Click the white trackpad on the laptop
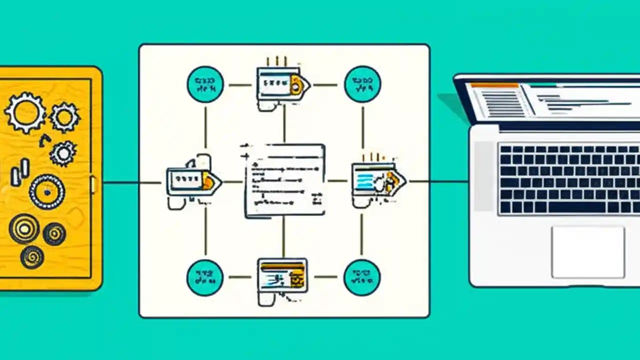tap(588, 251)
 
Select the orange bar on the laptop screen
tap(494, 85)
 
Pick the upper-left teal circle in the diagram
tap(205, 84)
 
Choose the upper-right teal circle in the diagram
tap(362, 84)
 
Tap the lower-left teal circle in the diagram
tap(205, 277)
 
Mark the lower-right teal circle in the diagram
tap(362, 277)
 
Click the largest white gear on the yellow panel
tap(24, 112)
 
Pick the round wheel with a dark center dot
tap(47, 191)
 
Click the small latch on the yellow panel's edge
tap(93, 184)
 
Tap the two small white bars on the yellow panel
tap(20, 172)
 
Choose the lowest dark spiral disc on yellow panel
tap(32, 256)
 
